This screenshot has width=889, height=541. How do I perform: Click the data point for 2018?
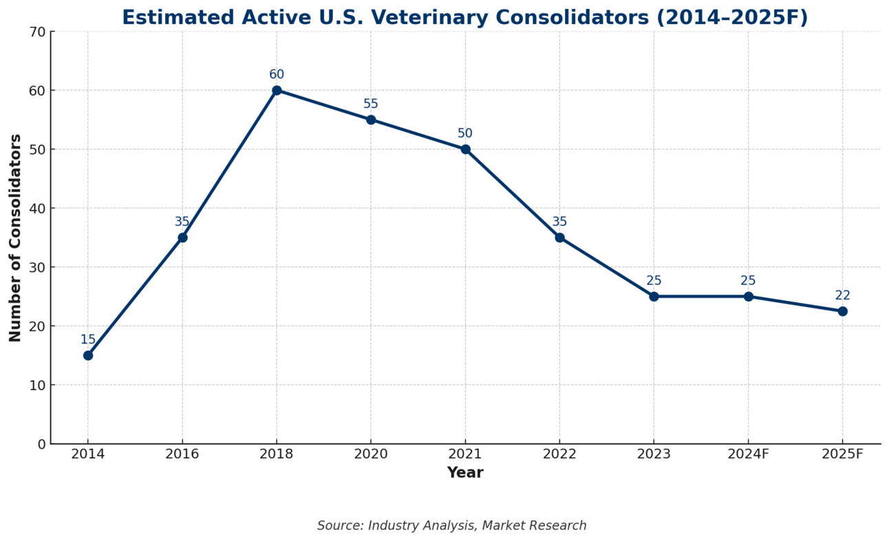277,90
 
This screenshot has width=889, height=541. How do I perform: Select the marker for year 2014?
88,355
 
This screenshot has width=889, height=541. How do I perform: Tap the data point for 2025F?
842,311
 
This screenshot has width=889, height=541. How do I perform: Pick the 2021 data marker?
465,149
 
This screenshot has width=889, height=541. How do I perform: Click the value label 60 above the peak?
277,74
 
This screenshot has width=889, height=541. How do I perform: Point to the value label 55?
371,104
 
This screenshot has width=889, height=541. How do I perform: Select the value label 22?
842,295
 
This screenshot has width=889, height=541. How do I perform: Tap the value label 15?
88,340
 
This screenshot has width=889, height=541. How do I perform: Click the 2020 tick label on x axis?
371,454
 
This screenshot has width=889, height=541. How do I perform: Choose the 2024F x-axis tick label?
748,454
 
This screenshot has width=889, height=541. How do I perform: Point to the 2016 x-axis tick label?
182,454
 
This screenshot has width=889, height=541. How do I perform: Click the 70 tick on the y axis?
37,32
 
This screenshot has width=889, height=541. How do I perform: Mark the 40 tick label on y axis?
37,209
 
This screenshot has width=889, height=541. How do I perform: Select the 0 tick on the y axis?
41,444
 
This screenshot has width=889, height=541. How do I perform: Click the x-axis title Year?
465,473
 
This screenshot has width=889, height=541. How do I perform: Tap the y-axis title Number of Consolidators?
15,237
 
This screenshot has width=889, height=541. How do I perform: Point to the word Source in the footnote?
339,526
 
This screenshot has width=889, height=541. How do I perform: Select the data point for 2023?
654,297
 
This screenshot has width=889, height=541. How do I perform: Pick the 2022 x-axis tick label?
559,454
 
